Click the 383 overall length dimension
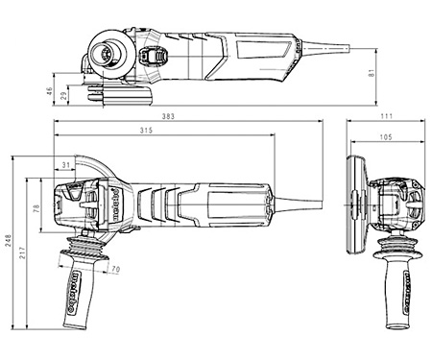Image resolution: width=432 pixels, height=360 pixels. (x=168, y=116)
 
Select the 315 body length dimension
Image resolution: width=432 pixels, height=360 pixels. (x=146, y=131)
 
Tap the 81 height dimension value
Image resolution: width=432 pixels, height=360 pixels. (x=372, y=73)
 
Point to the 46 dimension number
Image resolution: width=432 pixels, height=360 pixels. (x=49, y=91)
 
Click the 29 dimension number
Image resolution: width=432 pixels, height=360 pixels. (x=64, y=95)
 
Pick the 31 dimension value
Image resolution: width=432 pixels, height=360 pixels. (x=65, y=165)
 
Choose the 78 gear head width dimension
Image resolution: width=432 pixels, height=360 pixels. (x=36, y=208)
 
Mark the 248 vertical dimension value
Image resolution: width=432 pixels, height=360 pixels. (x=8, y=240)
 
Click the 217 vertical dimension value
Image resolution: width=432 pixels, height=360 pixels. (x=22, y=252)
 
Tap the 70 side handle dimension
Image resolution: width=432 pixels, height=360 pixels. (x=115, y=270)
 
